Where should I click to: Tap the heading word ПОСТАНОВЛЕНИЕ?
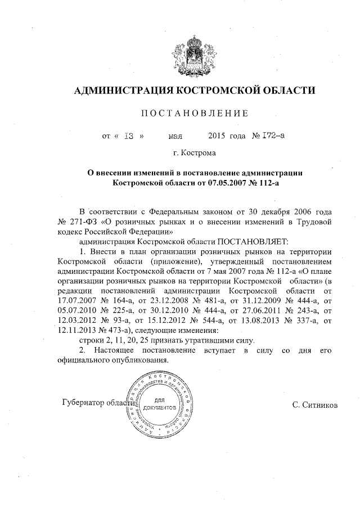pyautogui.click(x=194, y=114)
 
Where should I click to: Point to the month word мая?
pyautogui.click(x=175, y=136)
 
